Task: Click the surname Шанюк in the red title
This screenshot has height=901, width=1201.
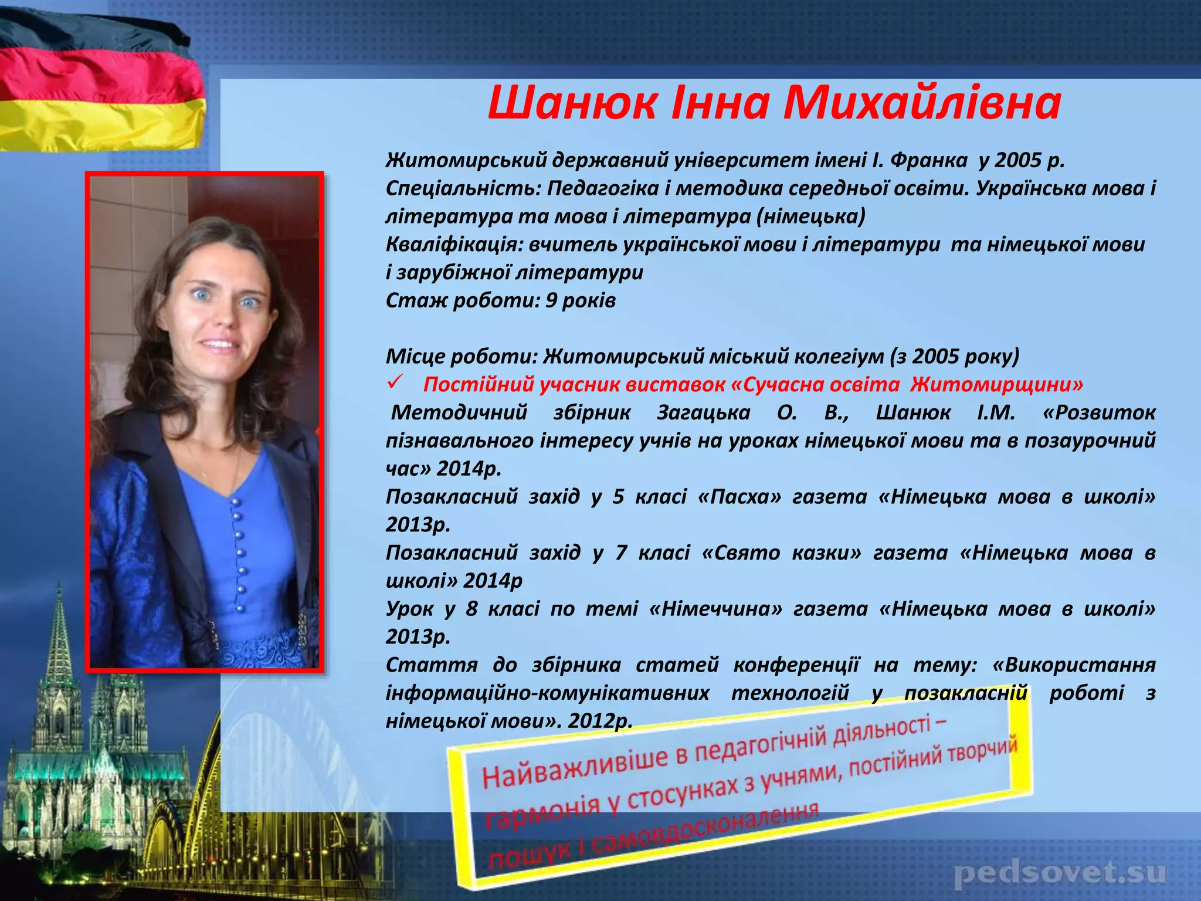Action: [572, 103]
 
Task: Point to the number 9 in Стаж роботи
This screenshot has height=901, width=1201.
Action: [551, 300]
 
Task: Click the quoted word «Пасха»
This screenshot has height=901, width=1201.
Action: [740, 497]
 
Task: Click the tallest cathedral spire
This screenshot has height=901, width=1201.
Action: [59, 634]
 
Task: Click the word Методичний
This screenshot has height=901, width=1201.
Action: [459, 412]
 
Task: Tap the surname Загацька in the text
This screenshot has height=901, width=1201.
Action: [704, 412]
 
